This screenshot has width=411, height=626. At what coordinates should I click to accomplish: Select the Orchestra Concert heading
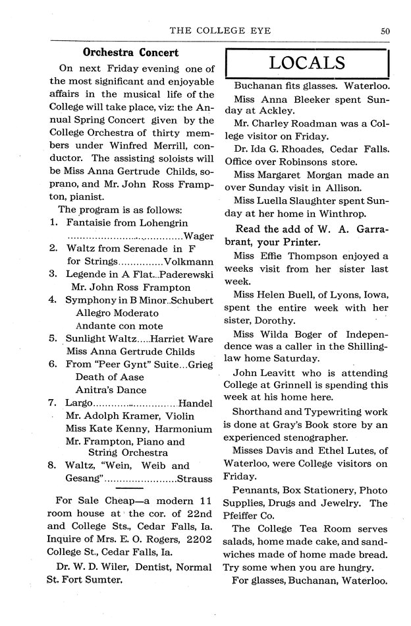(x=130, y=51)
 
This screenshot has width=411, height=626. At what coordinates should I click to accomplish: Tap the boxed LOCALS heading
(x=307, y=63)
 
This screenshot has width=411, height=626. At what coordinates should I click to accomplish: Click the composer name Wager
(x=199, y=237)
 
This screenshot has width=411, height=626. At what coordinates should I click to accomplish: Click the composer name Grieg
(x=201, y=364)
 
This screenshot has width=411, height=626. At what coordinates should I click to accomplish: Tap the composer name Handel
(x=196, y=402)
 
